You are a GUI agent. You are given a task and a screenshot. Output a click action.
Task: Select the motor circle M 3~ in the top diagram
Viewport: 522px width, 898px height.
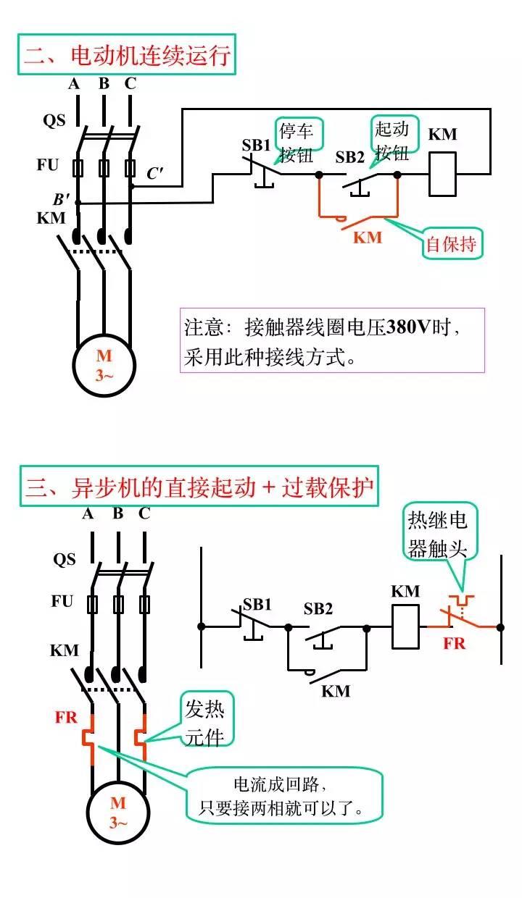click(x=104, y=364)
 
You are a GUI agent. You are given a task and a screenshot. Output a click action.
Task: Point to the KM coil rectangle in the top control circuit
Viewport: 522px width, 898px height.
click(x=442, y=174)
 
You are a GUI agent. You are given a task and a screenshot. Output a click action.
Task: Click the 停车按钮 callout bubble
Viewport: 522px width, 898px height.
click(x=297, y=142)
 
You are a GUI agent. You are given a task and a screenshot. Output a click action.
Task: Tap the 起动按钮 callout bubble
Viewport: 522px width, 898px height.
click(x=392, y=140)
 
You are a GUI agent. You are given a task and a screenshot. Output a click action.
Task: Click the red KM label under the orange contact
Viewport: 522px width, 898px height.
click(x=368, y=238)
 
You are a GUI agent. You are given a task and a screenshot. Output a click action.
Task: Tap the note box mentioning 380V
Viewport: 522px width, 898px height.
click(x=332, y=340)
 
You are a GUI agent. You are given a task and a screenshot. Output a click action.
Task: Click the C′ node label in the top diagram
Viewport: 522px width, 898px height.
click(x=154, y=174)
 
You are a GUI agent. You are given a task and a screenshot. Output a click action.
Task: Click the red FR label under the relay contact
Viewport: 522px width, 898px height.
click(x=455, y=643)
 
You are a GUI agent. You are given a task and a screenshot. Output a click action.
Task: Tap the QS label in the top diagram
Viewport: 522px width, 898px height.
click(x=54, y=120)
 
